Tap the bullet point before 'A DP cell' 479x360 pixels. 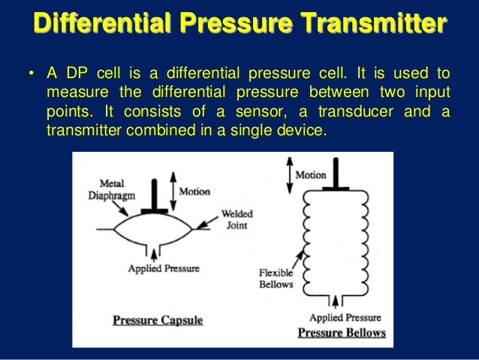[32, 74]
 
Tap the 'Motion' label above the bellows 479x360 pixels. [310, 175]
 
